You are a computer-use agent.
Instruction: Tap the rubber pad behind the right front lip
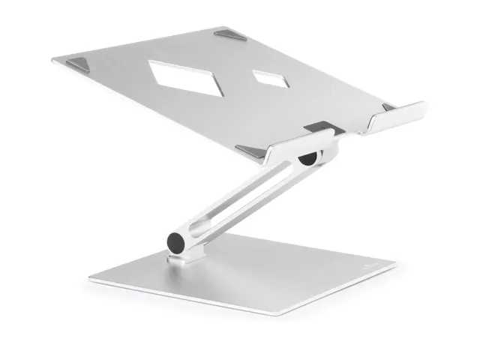pyautogui.click(x=388, y=108)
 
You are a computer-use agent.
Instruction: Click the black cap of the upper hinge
pyautogui.click(x=307, y=159)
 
